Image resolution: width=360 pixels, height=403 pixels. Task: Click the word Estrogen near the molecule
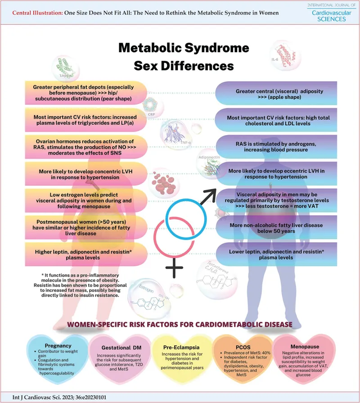click(x=140, y=285)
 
